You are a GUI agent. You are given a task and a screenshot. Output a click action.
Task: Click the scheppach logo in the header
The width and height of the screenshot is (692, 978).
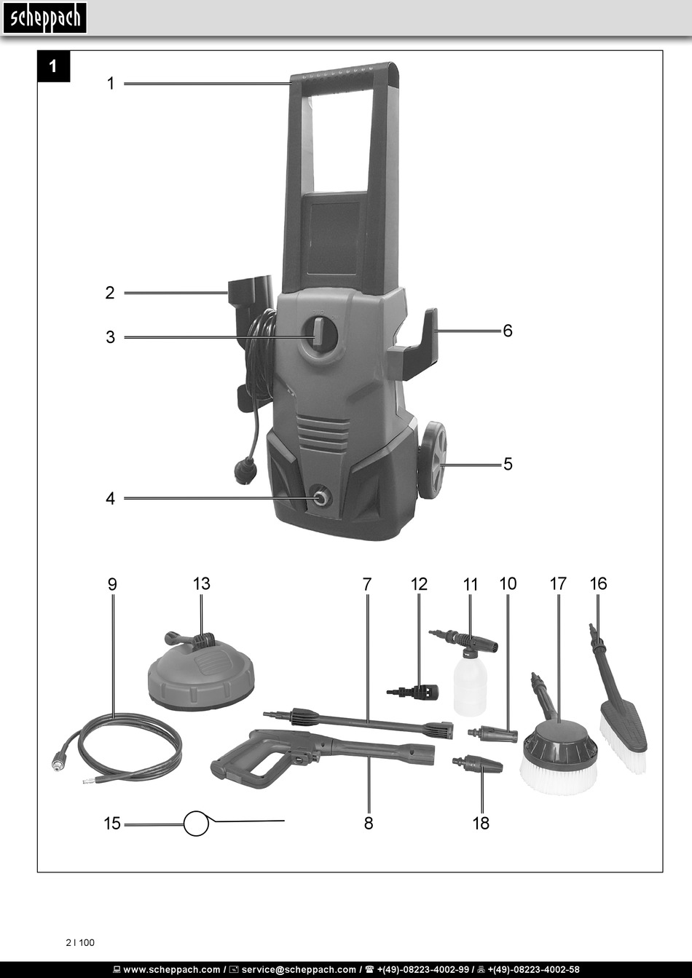[44, 17]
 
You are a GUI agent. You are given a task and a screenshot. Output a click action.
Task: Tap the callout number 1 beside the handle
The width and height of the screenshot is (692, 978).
[111, 84]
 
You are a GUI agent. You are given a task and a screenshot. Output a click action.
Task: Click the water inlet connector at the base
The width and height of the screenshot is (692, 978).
[320, 498]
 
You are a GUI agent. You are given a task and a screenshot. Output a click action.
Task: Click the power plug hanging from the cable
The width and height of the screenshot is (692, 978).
[243, 470]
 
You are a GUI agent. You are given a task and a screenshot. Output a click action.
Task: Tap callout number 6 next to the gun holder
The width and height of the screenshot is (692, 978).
[507, 331]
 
